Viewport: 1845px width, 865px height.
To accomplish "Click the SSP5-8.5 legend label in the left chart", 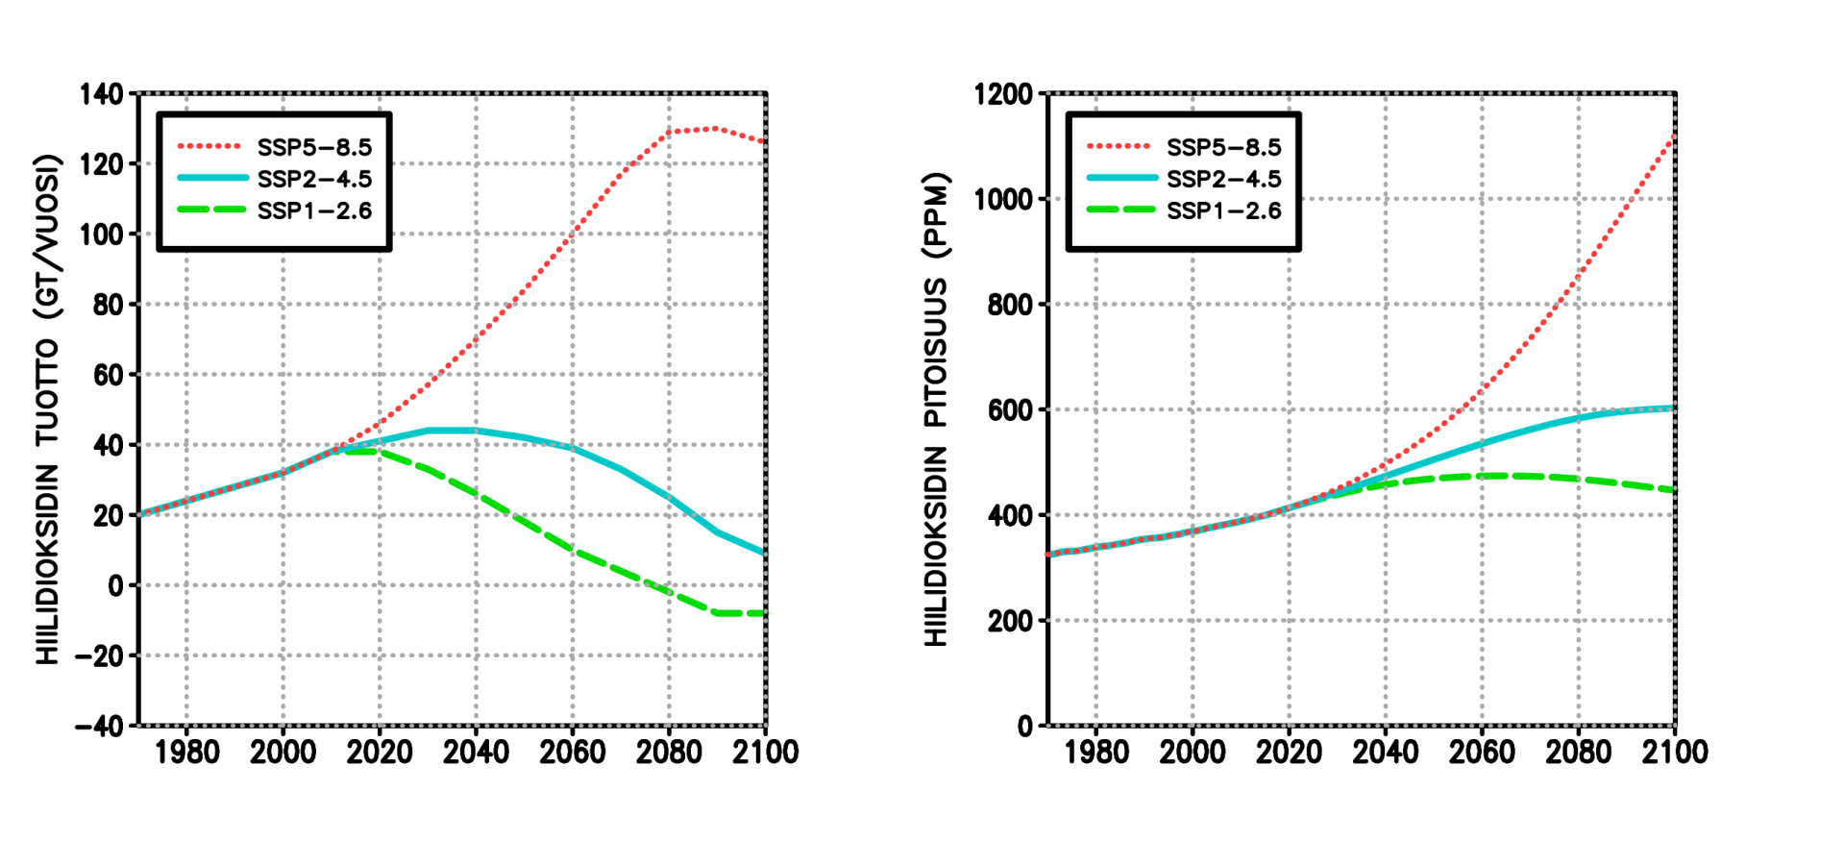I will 314,147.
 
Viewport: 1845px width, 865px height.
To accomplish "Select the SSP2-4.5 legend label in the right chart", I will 1223,179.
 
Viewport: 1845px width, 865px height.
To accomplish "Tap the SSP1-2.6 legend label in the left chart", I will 314,210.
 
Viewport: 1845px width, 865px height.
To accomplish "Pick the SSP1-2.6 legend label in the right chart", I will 1223,210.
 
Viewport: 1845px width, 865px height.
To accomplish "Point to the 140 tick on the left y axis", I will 102,94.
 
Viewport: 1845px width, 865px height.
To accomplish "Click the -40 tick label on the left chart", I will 100,726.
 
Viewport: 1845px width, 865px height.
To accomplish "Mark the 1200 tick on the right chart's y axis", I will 1002,94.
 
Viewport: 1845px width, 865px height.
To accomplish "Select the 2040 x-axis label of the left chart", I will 476,752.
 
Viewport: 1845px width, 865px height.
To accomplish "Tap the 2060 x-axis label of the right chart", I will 1482,752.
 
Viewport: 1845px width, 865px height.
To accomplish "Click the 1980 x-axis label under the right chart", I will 1096,752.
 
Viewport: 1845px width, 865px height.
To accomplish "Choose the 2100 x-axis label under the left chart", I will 765,752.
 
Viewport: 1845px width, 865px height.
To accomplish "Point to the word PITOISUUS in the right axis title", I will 936,353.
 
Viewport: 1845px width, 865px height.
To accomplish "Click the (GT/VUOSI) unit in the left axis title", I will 48,236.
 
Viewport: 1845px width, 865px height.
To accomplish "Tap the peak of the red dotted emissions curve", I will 711,128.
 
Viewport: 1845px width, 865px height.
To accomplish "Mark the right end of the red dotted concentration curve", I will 1674,137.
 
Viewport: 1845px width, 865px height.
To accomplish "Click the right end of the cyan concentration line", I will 1674,408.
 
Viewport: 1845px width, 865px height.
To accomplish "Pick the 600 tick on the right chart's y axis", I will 1009,410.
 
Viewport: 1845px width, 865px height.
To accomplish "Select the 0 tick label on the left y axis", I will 116,585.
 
